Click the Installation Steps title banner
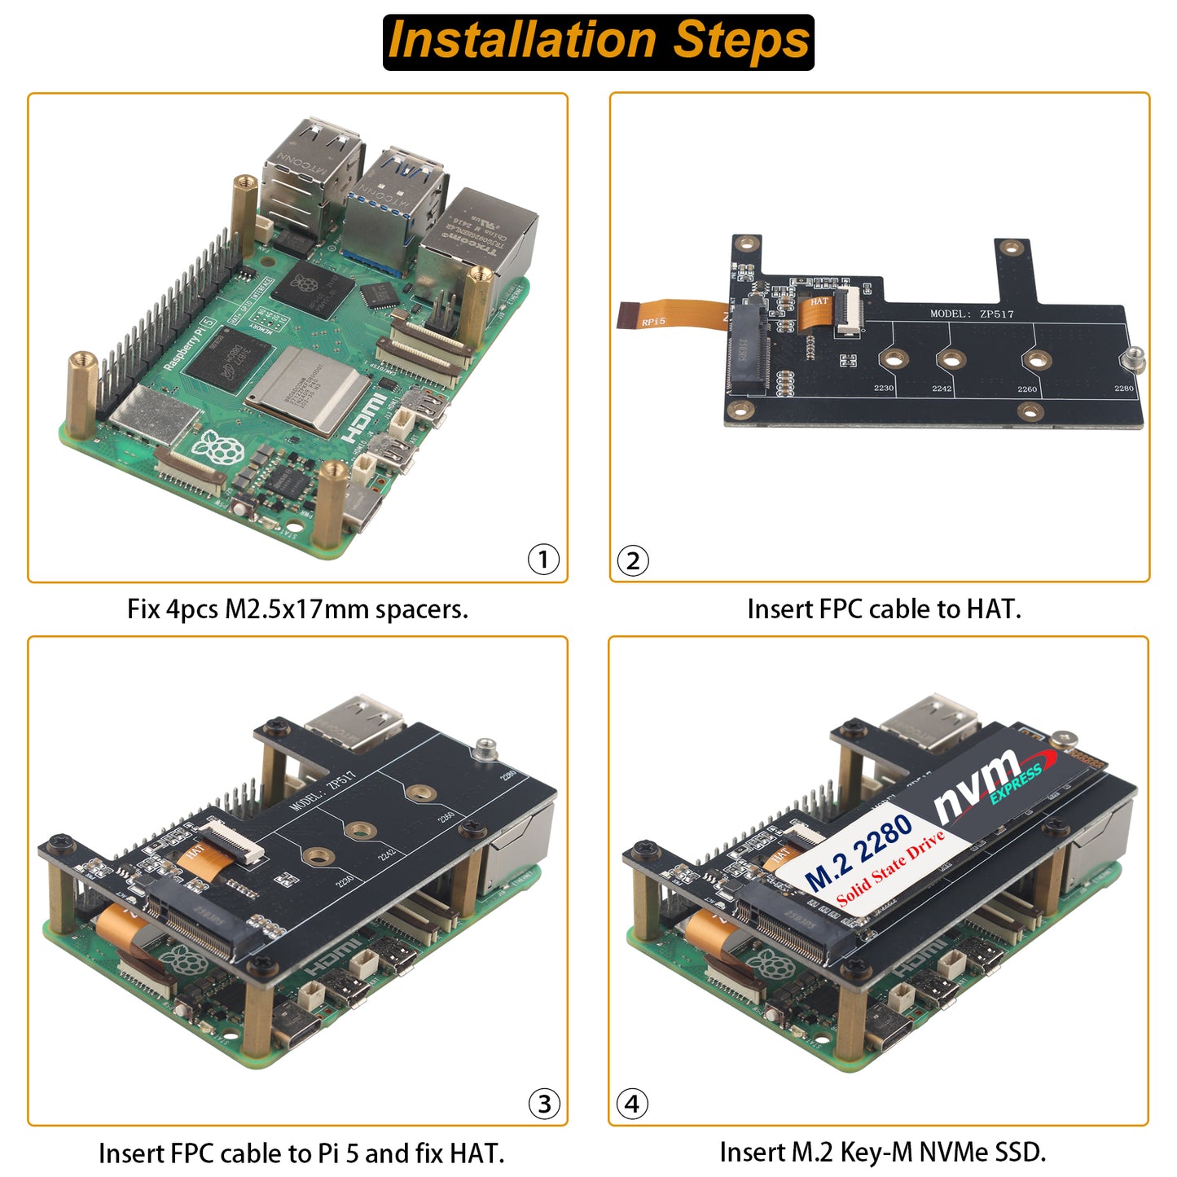(x=599, y=42)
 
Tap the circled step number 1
(x=543, y=560)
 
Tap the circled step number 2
(x=633, y=561)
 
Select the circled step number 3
(x=544, y=1104)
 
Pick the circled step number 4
(x=632, y=1104)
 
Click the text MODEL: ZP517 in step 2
(x=972, y=314)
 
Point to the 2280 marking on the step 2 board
(x=1123, y=389)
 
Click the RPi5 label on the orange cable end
(x=653, y=322)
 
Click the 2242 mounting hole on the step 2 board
(x=951, y=359)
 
